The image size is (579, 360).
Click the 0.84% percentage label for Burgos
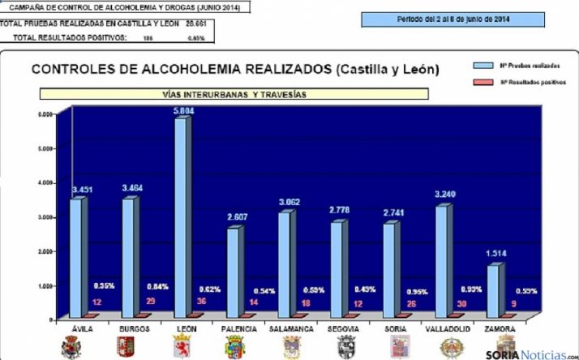[157, 287]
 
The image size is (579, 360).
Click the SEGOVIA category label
[345, 329]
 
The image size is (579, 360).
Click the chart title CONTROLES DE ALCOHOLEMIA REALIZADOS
[235, 70]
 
